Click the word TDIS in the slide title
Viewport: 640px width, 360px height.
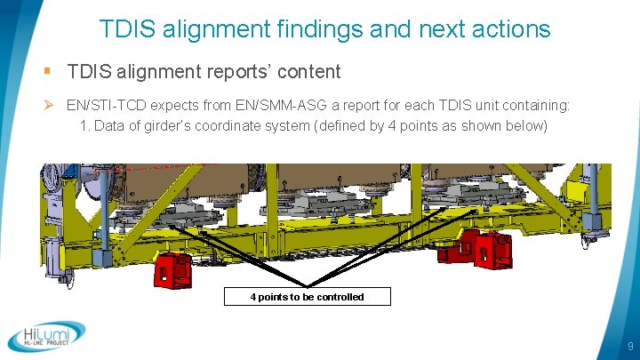[124, 29]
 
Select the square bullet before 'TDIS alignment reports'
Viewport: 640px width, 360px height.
[46, 70]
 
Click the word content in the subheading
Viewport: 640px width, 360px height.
[308, 70]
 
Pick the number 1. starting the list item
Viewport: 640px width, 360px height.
[84, 125]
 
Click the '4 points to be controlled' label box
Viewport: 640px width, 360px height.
[307, 297]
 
